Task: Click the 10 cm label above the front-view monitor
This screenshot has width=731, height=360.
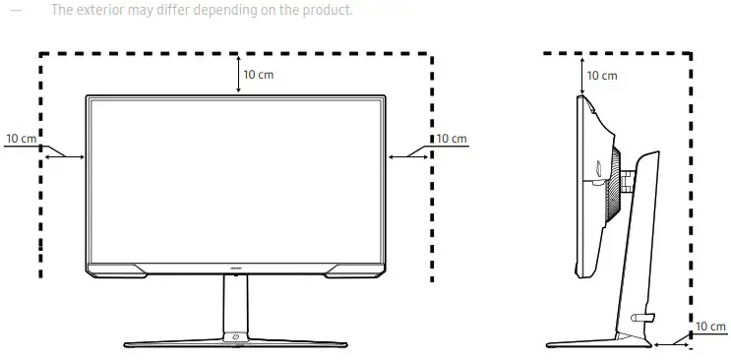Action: click(x=259, y=75)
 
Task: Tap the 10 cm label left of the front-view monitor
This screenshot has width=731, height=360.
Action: click(x=21, y=139)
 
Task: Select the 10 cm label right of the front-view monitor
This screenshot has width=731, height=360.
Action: click(x=452, y=139)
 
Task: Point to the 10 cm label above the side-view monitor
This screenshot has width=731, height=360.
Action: click(x=602, y=76)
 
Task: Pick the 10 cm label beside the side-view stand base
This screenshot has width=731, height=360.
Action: click(x=710, y=327)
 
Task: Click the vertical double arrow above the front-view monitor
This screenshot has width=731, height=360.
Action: click(x=239, y=75)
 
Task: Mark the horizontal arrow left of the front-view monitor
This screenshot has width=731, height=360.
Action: click(x=65, y=155)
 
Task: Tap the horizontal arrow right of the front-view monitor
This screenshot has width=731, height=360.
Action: click(x=408, y=155)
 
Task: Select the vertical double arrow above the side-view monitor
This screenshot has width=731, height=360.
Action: click(x=582, y=75)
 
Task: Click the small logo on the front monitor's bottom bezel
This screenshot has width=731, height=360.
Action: click(x=236, y=265)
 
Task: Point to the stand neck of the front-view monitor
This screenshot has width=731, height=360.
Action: click(x=236, y=305)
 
